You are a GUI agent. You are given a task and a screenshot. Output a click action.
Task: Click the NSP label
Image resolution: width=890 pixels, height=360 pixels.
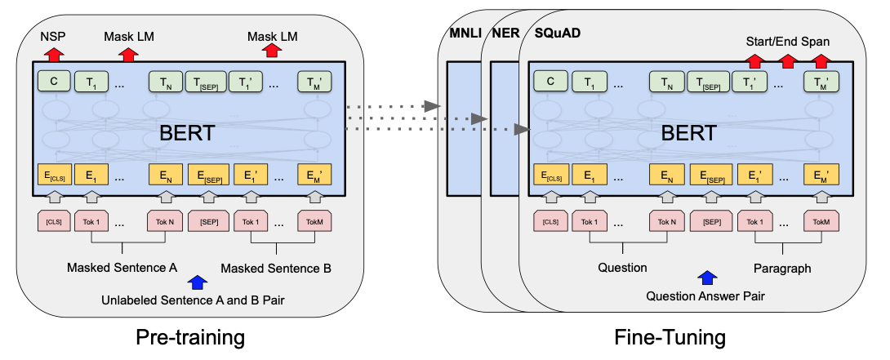[x=54, y=37]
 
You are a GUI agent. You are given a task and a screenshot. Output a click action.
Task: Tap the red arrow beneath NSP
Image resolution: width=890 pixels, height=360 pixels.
[x=54, y=55]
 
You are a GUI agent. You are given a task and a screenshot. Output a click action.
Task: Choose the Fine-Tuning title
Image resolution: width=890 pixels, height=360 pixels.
[x=671, y=335]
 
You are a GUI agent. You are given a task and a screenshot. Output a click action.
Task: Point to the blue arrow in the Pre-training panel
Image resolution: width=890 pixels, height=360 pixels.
[x=197, y=282]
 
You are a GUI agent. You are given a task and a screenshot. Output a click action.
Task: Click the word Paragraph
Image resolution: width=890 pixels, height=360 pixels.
[x=782, y=268]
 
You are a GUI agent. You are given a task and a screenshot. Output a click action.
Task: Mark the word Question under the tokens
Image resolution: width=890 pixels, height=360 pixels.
[x=622, y=268]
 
